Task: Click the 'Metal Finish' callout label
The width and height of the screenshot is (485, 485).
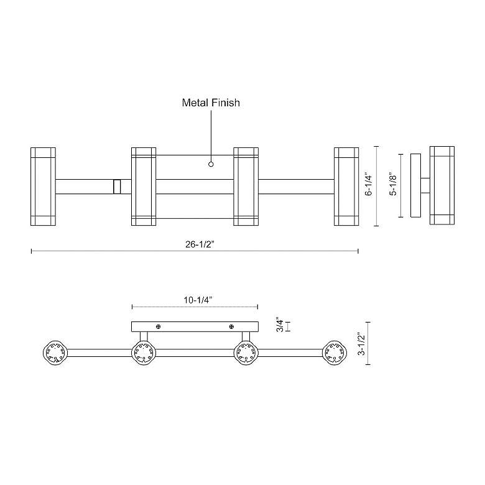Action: [210, 103]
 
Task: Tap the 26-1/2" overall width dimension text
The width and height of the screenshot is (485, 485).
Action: [200, 244]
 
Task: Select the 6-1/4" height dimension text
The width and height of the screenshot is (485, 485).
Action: [369, 185]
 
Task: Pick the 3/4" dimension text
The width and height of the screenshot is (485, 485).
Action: [280, 326]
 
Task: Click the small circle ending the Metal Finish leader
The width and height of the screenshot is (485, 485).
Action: [211, 165]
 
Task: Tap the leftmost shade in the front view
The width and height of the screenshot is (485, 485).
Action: [43, 186]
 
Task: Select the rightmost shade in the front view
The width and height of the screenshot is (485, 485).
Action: [346, 186]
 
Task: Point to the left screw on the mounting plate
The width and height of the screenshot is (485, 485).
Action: [160, 327]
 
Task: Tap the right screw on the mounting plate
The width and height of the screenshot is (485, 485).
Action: [231, 327]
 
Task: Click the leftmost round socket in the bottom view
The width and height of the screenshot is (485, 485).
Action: [53, 354]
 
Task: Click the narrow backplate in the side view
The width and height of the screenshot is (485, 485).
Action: [415, 185]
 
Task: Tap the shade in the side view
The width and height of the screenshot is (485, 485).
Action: [441, 185]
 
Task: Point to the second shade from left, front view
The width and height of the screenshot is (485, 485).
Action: [143, 186]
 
